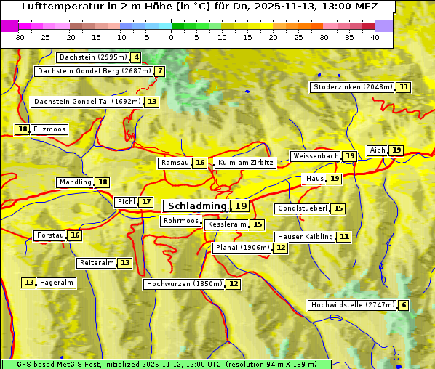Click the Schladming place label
pyautogui.click(x=196, y=206)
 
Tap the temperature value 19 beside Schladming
pyautogui.click(x=240, y=206)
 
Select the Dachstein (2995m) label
pyautogui.click(x=92, y=57)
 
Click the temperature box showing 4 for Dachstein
pyautogui.click(x=136, y=57)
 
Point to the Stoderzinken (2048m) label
pyautogui.click(x=352, y=87)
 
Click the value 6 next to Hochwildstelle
pyautogui.click(x=403, y=305)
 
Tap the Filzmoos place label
pyautogui.click(x=49, y=129)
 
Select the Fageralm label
pyautogui.click(x=57, y=283)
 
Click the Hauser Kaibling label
pyautogui.click(x=305, y=237)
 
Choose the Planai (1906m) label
pyautogui.click(x=242, y=248)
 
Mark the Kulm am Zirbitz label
pyautogui.click(x=245, y=163)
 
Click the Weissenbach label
pyautogui.click(x=316, y=156)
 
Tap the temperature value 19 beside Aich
pyautogui.click(x=396, y=150)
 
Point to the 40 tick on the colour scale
pyautogui.click(x=375, y=37)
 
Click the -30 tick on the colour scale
pyautogui.click(x=19, y=37)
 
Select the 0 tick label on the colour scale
pyautogui.click(x=172, y=37)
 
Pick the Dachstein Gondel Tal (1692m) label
pyautogui.click(x=87, y=102)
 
